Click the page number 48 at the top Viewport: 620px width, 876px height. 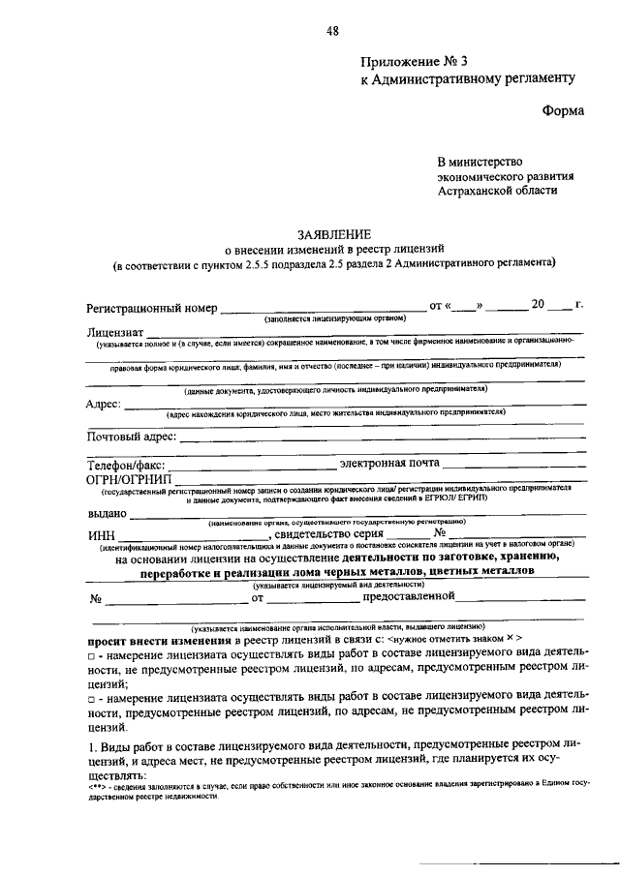pos(332,31)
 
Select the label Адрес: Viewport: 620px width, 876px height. pos(104,404)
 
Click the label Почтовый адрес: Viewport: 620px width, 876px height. pos(132,438)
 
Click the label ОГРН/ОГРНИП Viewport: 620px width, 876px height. pos(128,480)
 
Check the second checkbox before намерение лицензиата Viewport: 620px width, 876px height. pos(90,697)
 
